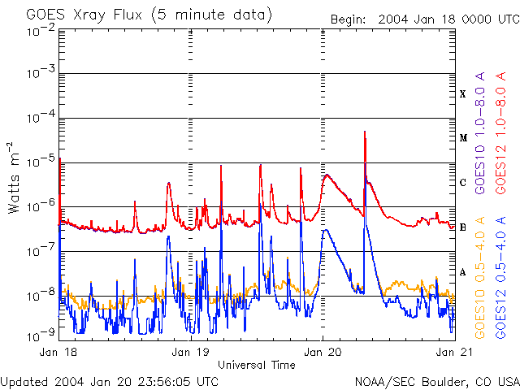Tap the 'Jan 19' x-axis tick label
pyautogui.click(x=191, y=353)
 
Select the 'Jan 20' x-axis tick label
pyautogui.click(x=323, y=353)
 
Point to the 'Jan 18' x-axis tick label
pyautogui.click(x=58, y=353)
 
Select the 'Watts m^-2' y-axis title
pyautogui.click(x=14, y=177)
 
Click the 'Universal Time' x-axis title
pyautogui.click(x=257, y=365)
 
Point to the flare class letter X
pyautogui.click(x=463, y=94)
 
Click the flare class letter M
pyautogui.click(x=463, y=138)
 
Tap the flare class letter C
pyautogui.click(x=463, y=183)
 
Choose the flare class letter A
pyautogui.click(x=463, y=272)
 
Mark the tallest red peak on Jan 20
pyautogui.click(x=365, y=132)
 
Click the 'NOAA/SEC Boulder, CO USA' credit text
pyautogui.click(x=436, y=381)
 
